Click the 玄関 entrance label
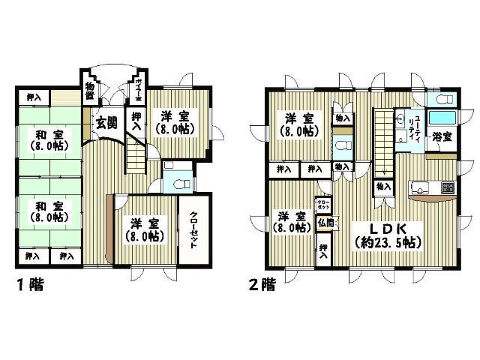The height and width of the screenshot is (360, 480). [106, 123]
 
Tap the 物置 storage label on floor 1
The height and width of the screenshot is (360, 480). [90, 90]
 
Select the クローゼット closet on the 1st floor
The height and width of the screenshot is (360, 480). [193, 232]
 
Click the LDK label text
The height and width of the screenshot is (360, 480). [388, 226]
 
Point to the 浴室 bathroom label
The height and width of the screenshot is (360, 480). [442, 137]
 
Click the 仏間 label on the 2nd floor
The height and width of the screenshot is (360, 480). [325, 222]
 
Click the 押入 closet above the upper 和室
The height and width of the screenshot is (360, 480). [34, 97]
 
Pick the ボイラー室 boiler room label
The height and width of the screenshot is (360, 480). [139, 90]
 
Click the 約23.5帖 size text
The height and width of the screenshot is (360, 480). [388, 242]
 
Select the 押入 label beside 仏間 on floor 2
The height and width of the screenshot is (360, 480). [324, 250]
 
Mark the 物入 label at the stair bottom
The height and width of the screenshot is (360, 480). [382, 185]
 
